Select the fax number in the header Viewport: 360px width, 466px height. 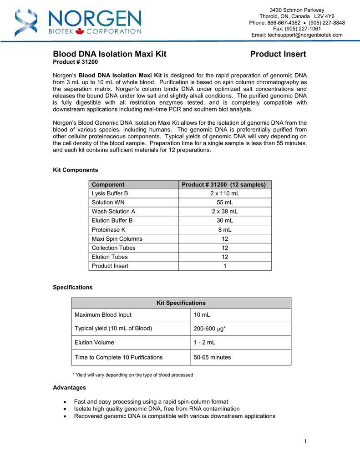[297, 29]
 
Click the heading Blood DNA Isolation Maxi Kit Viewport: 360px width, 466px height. [110, 55]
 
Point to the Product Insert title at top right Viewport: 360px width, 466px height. [278, 55]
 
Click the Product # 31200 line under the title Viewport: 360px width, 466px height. [76, 62]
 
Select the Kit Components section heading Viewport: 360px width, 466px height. [76, 170]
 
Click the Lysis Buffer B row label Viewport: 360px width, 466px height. [110, 193]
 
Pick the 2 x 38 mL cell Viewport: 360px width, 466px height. [225, 212]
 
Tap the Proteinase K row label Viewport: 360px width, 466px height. [108, 230]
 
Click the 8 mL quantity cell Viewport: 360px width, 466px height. [225, 230]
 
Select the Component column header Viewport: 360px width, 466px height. [108, 184]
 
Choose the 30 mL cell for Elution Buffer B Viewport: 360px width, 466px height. [225, 221]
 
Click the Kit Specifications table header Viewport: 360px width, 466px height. [181, 303]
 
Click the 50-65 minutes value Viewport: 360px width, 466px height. [212, 357]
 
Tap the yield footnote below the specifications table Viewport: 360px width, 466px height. [133, 375]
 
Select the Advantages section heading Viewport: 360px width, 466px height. [70, 388]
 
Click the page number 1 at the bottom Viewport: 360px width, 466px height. [306, 441]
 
